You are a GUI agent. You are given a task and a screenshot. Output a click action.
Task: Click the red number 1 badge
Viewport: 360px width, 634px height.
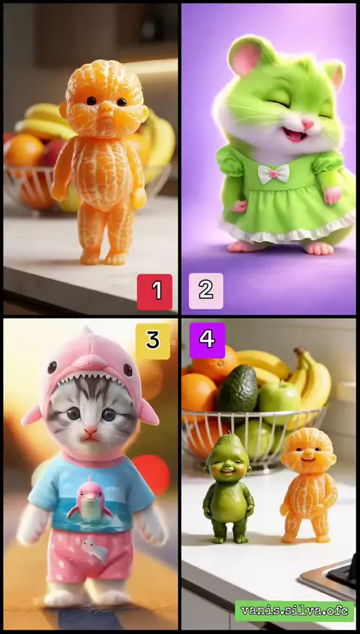point(154,292)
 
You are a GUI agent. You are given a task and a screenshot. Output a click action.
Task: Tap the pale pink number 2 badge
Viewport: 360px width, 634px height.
point(206,291)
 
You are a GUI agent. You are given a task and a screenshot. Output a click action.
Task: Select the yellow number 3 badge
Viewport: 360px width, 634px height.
point(153,341)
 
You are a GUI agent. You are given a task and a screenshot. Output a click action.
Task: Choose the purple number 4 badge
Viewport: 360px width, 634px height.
point(207,340)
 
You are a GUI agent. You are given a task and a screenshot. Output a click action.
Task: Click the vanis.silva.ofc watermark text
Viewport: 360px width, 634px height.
point(295,611)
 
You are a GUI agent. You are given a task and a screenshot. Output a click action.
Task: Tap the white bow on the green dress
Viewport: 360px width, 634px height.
point(274,173)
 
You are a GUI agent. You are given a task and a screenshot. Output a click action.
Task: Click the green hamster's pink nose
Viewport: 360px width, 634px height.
point(307,124)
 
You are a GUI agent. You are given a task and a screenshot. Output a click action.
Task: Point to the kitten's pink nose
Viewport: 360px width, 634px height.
point(90,432)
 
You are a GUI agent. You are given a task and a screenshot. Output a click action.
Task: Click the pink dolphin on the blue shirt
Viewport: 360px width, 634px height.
point(90,501)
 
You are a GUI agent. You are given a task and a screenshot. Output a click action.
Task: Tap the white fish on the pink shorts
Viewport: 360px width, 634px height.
point(95,550)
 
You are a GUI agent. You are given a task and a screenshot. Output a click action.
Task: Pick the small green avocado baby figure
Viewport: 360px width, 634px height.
point(228,488)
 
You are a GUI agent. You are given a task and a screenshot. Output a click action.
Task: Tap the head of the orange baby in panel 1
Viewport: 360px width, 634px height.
point(104,99)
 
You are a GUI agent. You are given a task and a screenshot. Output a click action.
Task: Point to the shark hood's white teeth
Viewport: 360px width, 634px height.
point(89,379)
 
